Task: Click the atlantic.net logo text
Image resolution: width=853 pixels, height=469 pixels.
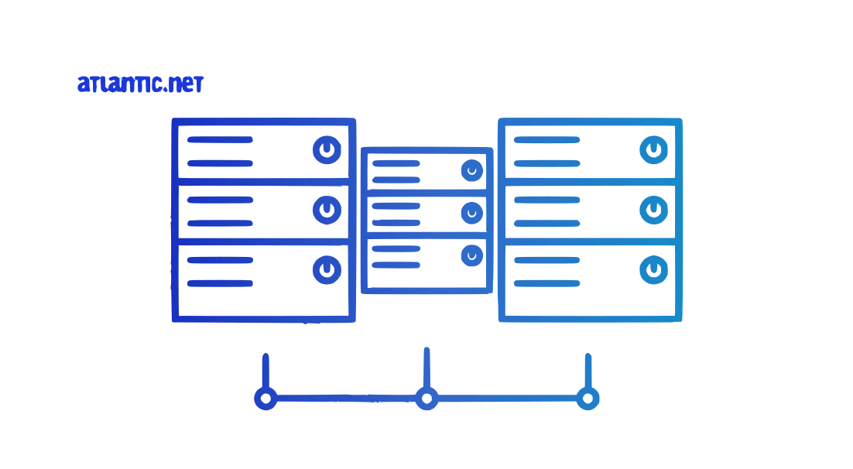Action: pyautogui.click(x=140, y=84)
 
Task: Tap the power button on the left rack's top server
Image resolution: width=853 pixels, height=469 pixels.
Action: pyautogui.click(x=327, y=149)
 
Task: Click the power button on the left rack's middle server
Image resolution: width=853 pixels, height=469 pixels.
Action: pyautogui.click(x=327, y=210)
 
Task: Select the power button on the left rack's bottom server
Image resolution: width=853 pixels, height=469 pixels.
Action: pyautogui.click(x=327, y=270)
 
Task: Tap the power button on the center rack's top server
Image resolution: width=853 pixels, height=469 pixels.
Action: pyautogui.click(x=472, y=171)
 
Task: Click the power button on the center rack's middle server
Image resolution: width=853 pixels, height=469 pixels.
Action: pyautogui.click(x=472, y=214)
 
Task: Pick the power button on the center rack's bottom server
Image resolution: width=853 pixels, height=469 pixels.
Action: pyautogui.click(x=472, y=255)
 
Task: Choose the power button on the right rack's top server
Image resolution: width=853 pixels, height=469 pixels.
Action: pyautogui.click(x=654, y=149)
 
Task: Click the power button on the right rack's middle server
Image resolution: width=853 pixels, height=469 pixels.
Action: pyautogui.click(x=654, y=210)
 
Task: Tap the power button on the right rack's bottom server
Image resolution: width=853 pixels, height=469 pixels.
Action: pyautogui.click(x=654, y=270)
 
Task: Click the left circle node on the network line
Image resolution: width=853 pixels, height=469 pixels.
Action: pyautogui.click(x=266, y=399)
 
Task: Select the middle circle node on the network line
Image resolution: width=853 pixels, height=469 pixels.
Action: pyautogui.click(x=427, y=399)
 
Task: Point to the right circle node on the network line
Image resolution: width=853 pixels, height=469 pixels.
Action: pyautogui.click(x=588, y=399)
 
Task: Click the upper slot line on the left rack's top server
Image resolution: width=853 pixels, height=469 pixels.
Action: pyautogui.click(x=220, y=140)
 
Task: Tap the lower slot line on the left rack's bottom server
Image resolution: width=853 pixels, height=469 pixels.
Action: pyautogui.click(x=220, y=283)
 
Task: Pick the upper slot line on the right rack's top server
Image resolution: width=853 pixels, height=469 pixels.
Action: pyautogui.click(x=546, y=140)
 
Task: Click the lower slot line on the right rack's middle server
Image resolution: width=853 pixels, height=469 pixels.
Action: pyautogui.click(x=546, y=224)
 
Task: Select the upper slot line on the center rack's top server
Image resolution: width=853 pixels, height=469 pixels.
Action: pyautogui.click(x=396, y=163)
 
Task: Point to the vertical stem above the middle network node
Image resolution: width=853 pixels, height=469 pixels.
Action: pyautogui.click(x=427, y=368)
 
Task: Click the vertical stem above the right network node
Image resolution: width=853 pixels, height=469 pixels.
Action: pyautogui.click(x=588, y=371)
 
